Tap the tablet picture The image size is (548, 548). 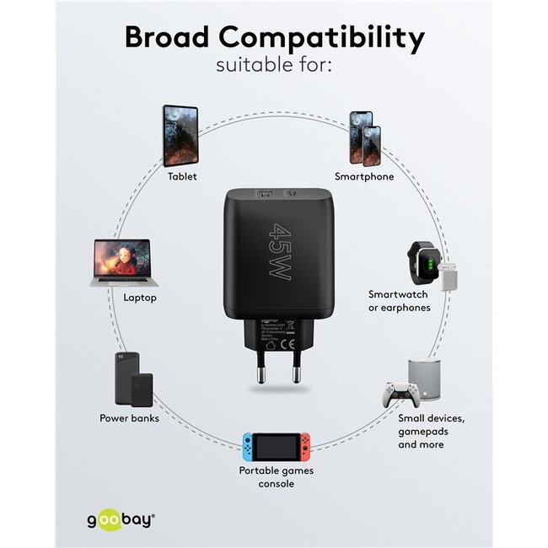[181, 135]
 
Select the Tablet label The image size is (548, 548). [182, 176]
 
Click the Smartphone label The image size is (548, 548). [364, 176]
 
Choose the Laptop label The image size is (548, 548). [140, 298]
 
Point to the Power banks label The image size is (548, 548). [129, 418]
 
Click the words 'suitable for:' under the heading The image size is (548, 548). [274, 65]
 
